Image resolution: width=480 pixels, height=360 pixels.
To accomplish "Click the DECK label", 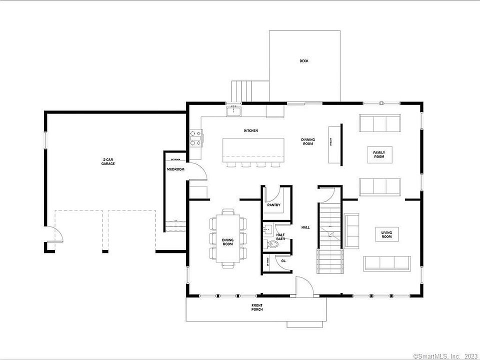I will (x=304, y=61).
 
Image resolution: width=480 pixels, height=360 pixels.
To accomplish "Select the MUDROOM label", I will (x=175, y=169).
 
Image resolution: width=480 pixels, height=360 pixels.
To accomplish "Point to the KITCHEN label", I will (x=251, y=130).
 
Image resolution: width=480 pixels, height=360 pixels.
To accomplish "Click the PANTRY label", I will (x=273, y=205).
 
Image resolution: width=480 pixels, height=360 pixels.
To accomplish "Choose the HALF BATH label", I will (x=280, y=237).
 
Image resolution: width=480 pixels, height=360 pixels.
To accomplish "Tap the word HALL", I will (x=305, y=227).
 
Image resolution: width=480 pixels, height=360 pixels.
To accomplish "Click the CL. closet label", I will (x=283, y=260).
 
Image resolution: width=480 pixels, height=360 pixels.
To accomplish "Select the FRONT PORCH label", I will (x=257, y=307).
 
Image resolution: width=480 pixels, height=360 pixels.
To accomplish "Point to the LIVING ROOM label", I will (x=386, y=234).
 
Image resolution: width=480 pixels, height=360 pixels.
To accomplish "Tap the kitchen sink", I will (x=233, y=110).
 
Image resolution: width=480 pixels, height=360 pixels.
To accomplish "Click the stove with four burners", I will (x=195, y=138).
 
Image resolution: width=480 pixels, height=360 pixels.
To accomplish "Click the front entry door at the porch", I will (x=303, y=287).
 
